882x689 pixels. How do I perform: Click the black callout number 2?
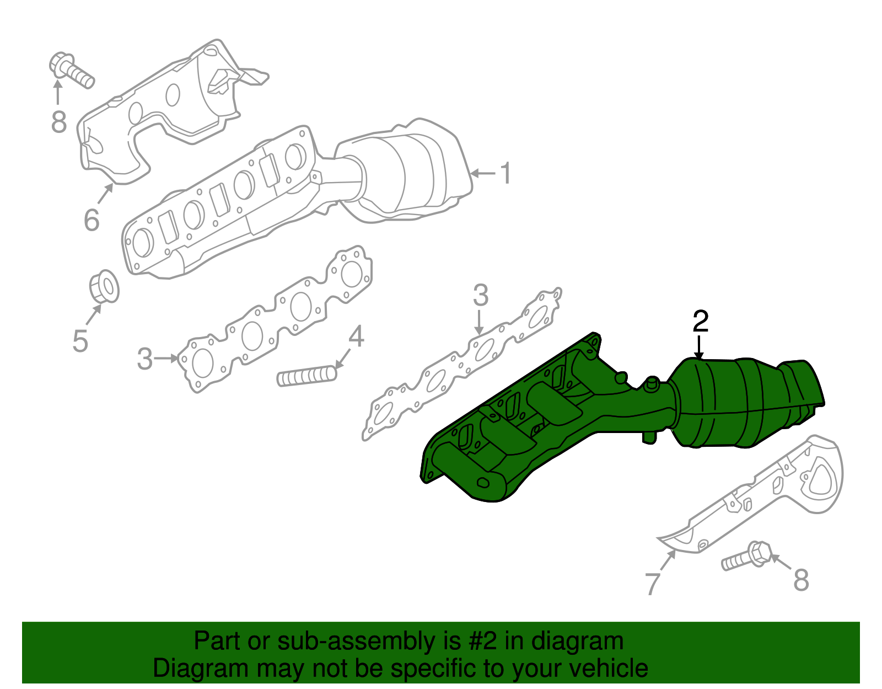click(700, 321)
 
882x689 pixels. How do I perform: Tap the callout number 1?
click(505, 173)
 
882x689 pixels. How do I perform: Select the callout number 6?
click(92, 220)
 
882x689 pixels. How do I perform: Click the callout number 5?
click(80, 341)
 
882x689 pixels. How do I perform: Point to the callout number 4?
click(356, 336)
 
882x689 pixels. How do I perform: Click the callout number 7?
click(652, 584)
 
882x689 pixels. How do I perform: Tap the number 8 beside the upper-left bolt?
click(58, 122)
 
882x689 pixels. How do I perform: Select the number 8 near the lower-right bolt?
click(800, 580)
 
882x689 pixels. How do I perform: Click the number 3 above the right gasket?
click(480, 296)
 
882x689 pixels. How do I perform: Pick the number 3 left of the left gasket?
click(144, 359)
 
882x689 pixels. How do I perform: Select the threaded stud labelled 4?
click(306, 377)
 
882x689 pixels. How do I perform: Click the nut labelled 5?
click(104, 287)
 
